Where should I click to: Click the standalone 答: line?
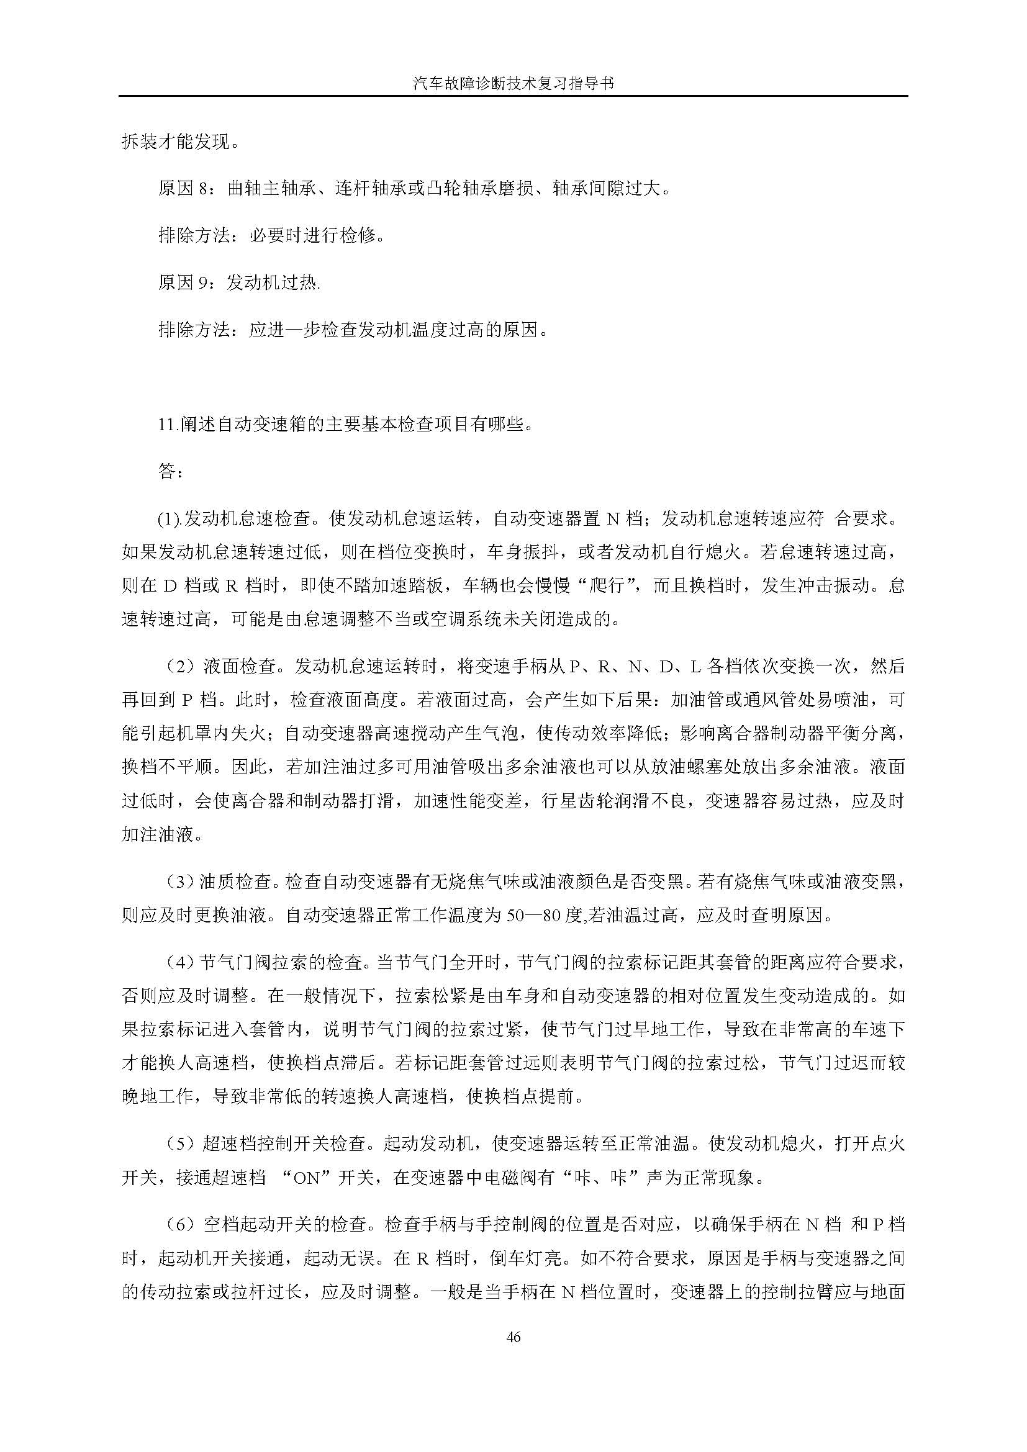click(171, 472)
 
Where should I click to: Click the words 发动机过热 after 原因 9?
click(272, 282)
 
